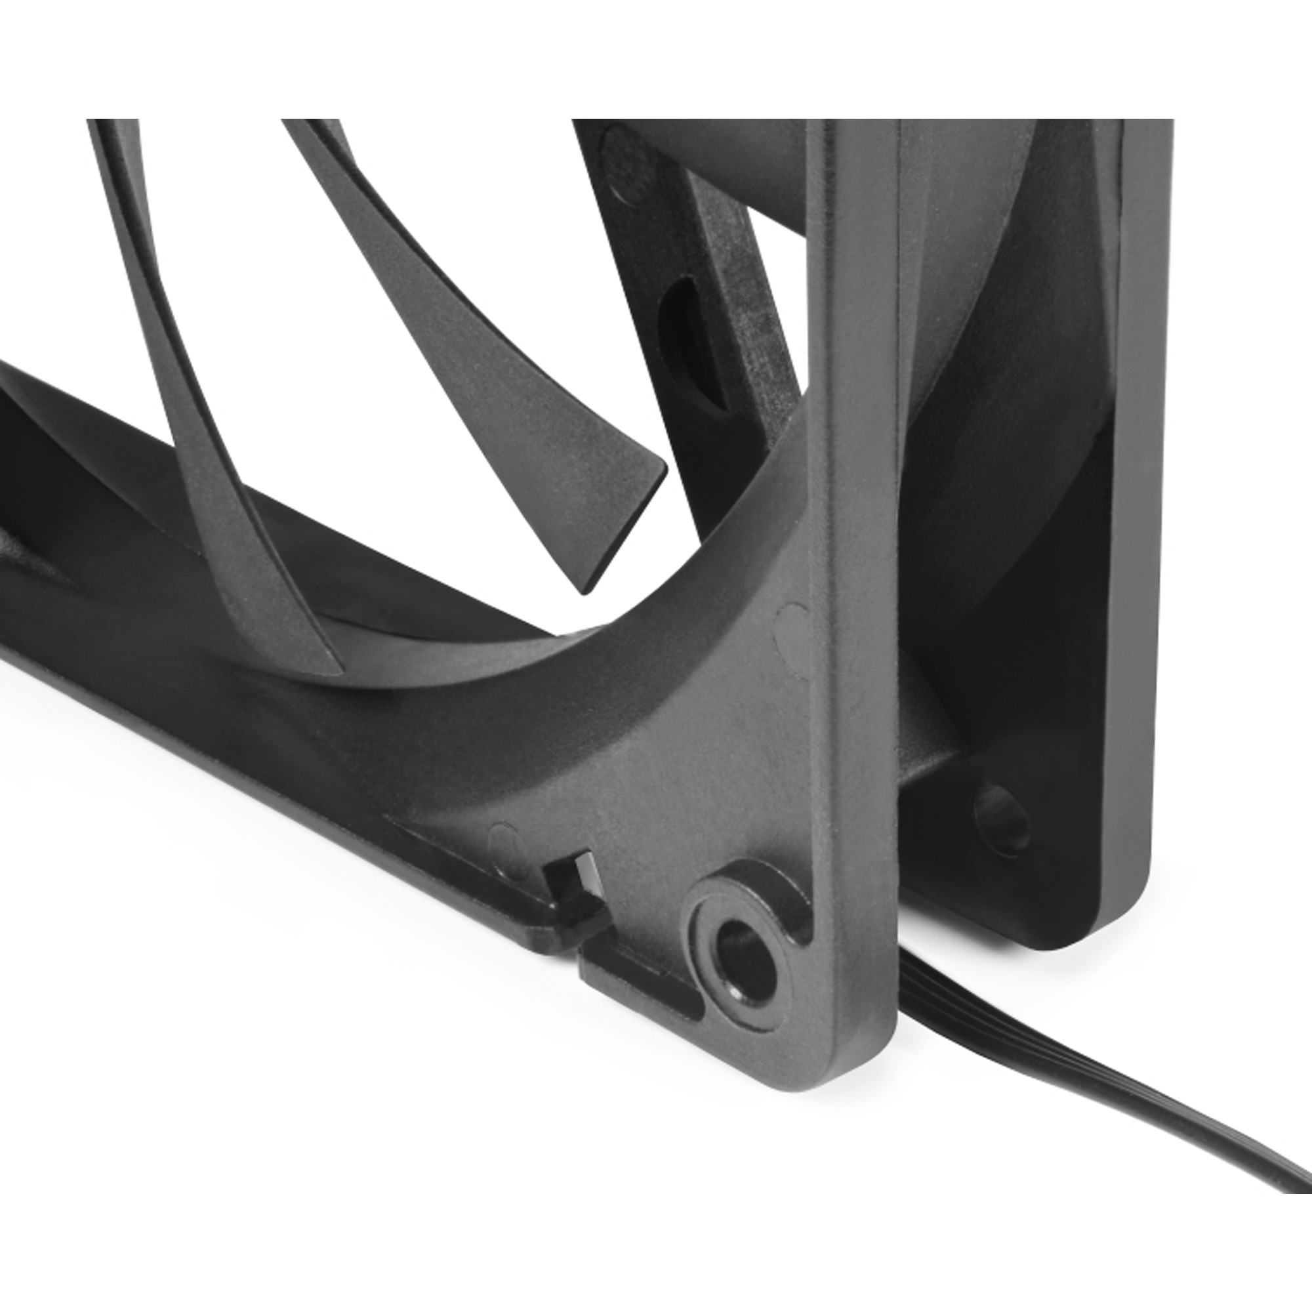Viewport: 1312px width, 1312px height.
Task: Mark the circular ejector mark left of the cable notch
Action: (506, 837)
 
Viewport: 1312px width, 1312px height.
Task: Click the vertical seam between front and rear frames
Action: (899, 476)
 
